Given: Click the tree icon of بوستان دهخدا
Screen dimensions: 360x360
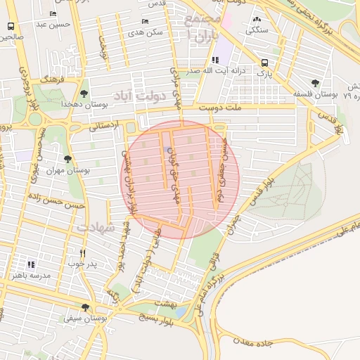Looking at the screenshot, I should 84,93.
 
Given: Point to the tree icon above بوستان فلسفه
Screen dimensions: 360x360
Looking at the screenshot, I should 315,83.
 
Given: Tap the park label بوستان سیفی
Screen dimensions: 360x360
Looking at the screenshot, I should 85,319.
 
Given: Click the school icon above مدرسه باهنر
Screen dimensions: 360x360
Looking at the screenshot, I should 30,264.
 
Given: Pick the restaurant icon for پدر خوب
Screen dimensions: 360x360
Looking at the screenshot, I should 83,253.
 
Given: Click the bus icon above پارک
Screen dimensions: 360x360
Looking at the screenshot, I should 264,62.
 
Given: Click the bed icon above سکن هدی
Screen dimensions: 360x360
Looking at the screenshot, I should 146,21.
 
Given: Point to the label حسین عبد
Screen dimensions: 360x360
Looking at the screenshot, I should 55,25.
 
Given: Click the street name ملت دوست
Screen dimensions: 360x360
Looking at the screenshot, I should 219,108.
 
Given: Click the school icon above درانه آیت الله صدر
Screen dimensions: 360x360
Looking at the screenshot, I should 205,60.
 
